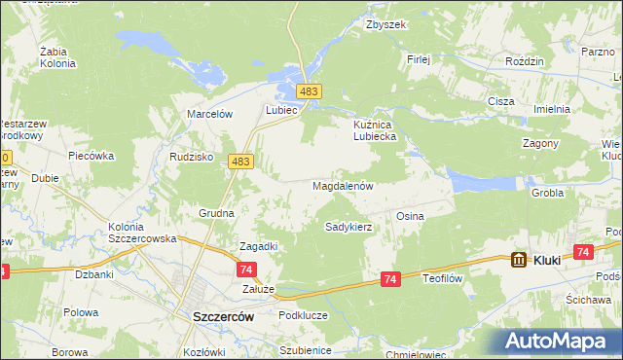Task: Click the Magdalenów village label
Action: pos(343,185)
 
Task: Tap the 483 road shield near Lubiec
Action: pos(309,90)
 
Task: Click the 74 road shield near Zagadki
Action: pos(247,270)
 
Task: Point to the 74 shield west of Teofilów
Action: pos(390,279)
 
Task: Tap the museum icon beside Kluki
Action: pos(519,260)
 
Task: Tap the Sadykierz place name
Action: pos(348,227)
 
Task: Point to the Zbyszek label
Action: pos(385,25)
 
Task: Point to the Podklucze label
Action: pos(300,314)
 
